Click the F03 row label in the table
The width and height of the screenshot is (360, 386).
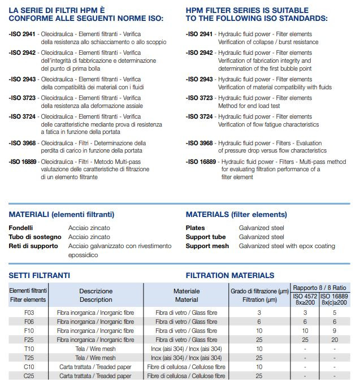(28, 312)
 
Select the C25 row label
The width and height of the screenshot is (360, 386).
(28, 375)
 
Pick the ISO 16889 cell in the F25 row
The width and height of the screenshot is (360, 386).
(335, 339)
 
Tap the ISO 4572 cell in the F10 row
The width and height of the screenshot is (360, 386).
(305, 330)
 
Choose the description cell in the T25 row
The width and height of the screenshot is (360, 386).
(96, 357)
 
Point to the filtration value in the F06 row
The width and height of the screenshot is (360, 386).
(259, 321)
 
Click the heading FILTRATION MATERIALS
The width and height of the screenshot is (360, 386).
(230, 275)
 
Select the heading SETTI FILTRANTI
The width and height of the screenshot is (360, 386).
(40, 275)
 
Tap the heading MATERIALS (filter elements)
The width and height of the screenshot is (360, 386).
(236, 214)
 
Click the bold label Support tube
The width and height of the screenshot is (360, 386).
(206, 237)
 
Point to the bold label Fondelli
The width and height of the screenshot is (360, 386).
(21, 227)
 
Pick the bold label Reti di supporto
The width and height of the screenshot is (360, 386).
(33, 246)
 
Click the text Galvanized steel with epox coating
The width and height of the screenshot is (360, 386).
(287, 246)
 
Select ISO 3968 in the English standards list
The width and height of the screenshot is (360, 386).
(199, 144)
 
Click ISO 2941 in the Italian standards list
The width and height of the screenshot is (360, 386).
(23, 34)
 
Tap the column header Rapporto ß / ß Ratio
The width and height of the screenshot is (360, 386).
(320, 288)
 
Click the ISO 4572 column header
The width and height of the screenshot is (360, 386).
(305, 296)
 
